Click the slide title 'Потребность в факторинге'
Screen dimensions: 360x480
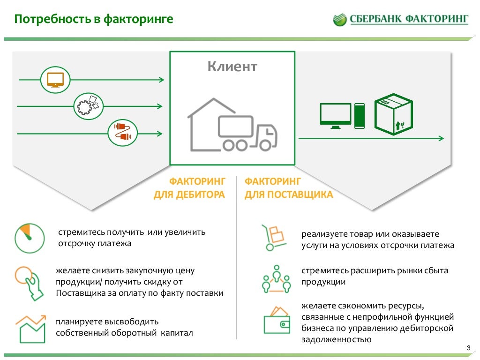[93, 19]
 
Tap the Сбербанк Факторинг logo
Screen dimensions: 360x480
[401, 19]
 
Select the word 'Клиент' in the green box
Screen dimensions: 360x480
[232, 67]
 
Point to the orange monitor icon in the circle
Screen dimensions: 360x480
[55, 79]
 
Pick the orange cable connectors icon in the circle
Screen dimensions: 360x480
[122, 133]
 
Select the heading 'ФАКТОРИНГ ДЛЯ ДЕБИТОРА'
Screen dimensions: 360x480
[190, 188]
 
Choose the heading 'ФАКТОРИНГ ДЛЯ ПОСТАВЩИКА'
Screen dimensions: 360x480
[288, 188]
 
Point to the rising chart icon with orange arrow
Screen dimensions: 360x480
[30, 328]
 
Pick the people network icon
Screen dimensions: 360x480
[276, 278]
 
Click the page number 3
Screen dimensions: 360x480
[468, 347]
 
